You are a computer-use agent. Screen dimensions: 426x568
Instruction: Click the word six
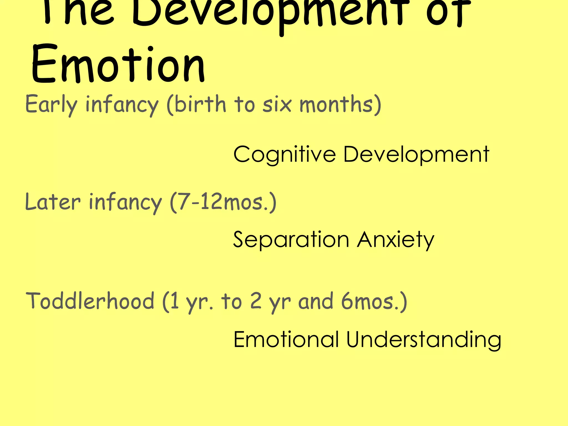[277, 105]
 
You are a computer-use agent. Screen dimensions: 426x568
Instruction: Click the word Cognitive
[285, 154]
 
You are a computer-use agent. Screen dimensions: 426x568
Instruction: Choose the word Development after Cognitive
[416, 154]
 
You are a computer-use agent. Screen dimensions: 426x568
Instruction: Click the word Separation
[291, 240]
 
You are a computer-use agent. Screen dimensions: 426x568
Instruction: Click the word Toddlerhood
[90, 301]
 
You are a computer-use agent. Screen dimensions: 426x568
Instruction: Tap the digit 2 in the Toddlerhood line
[256, 301]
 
